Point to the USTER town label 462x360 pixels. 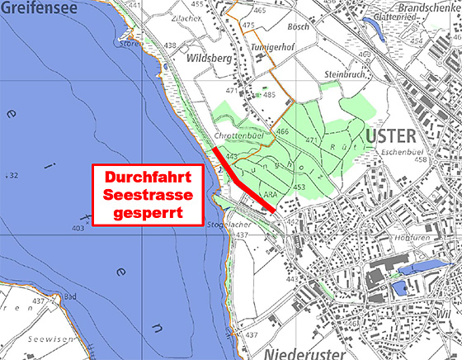[384, 135]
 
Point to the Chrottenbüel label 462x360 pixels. [238, 135]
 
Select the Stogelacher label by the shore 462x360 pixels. [229, 224]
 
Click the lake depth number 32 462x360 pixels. [13, 175]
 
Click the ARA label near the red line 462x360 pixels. [267, 195]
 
